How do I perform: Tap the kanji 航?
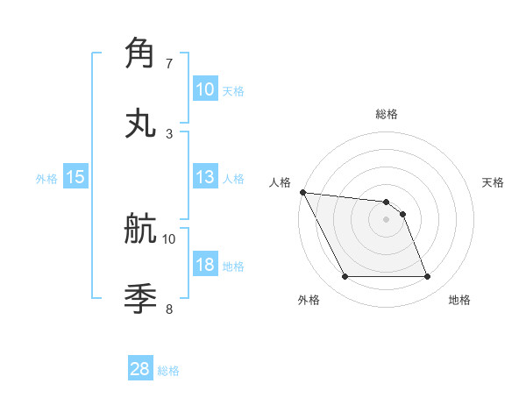click(x=141, y=229)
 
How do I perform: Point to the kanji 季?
click(x=141, y=299)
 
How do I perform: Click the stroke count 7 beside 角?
click(x=169, y=64)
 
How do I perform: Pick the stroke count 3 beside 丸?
click(x=169, y=134)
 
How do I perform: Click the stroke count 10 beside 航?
click(x=169, y=238)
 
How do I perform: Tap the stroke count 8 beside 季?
click(x=169, y=309)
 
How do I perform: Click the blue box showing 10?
click(x=204, y=89)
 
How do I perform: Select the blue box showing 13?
click(x=204, y=177)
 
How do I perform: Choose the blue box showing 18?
click(x=204, y=265)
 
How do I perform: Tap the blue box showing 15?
click(x=75, y=177)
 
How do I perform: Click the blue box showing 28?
click(x=140, y=370)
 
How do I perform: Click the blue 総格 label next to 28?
click(x=168, y=371)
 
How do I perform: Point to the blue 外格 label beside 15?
click(x=46, y=178)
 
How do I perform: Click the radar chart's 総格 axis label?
click(x=387, y=114)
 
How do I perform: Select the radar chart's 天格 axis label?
click(x=493, y=182)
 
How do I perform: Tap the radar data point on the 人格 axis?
click(x=302, y=192)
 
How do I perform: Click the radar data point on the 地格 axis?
click(x=427, y=277)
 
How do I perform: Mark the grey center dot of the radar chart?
click(x=387, y=219)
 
